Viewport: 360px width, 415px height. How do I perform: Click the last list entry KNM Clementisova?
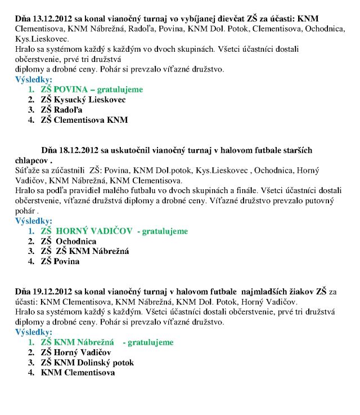(x=78, y=373)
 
